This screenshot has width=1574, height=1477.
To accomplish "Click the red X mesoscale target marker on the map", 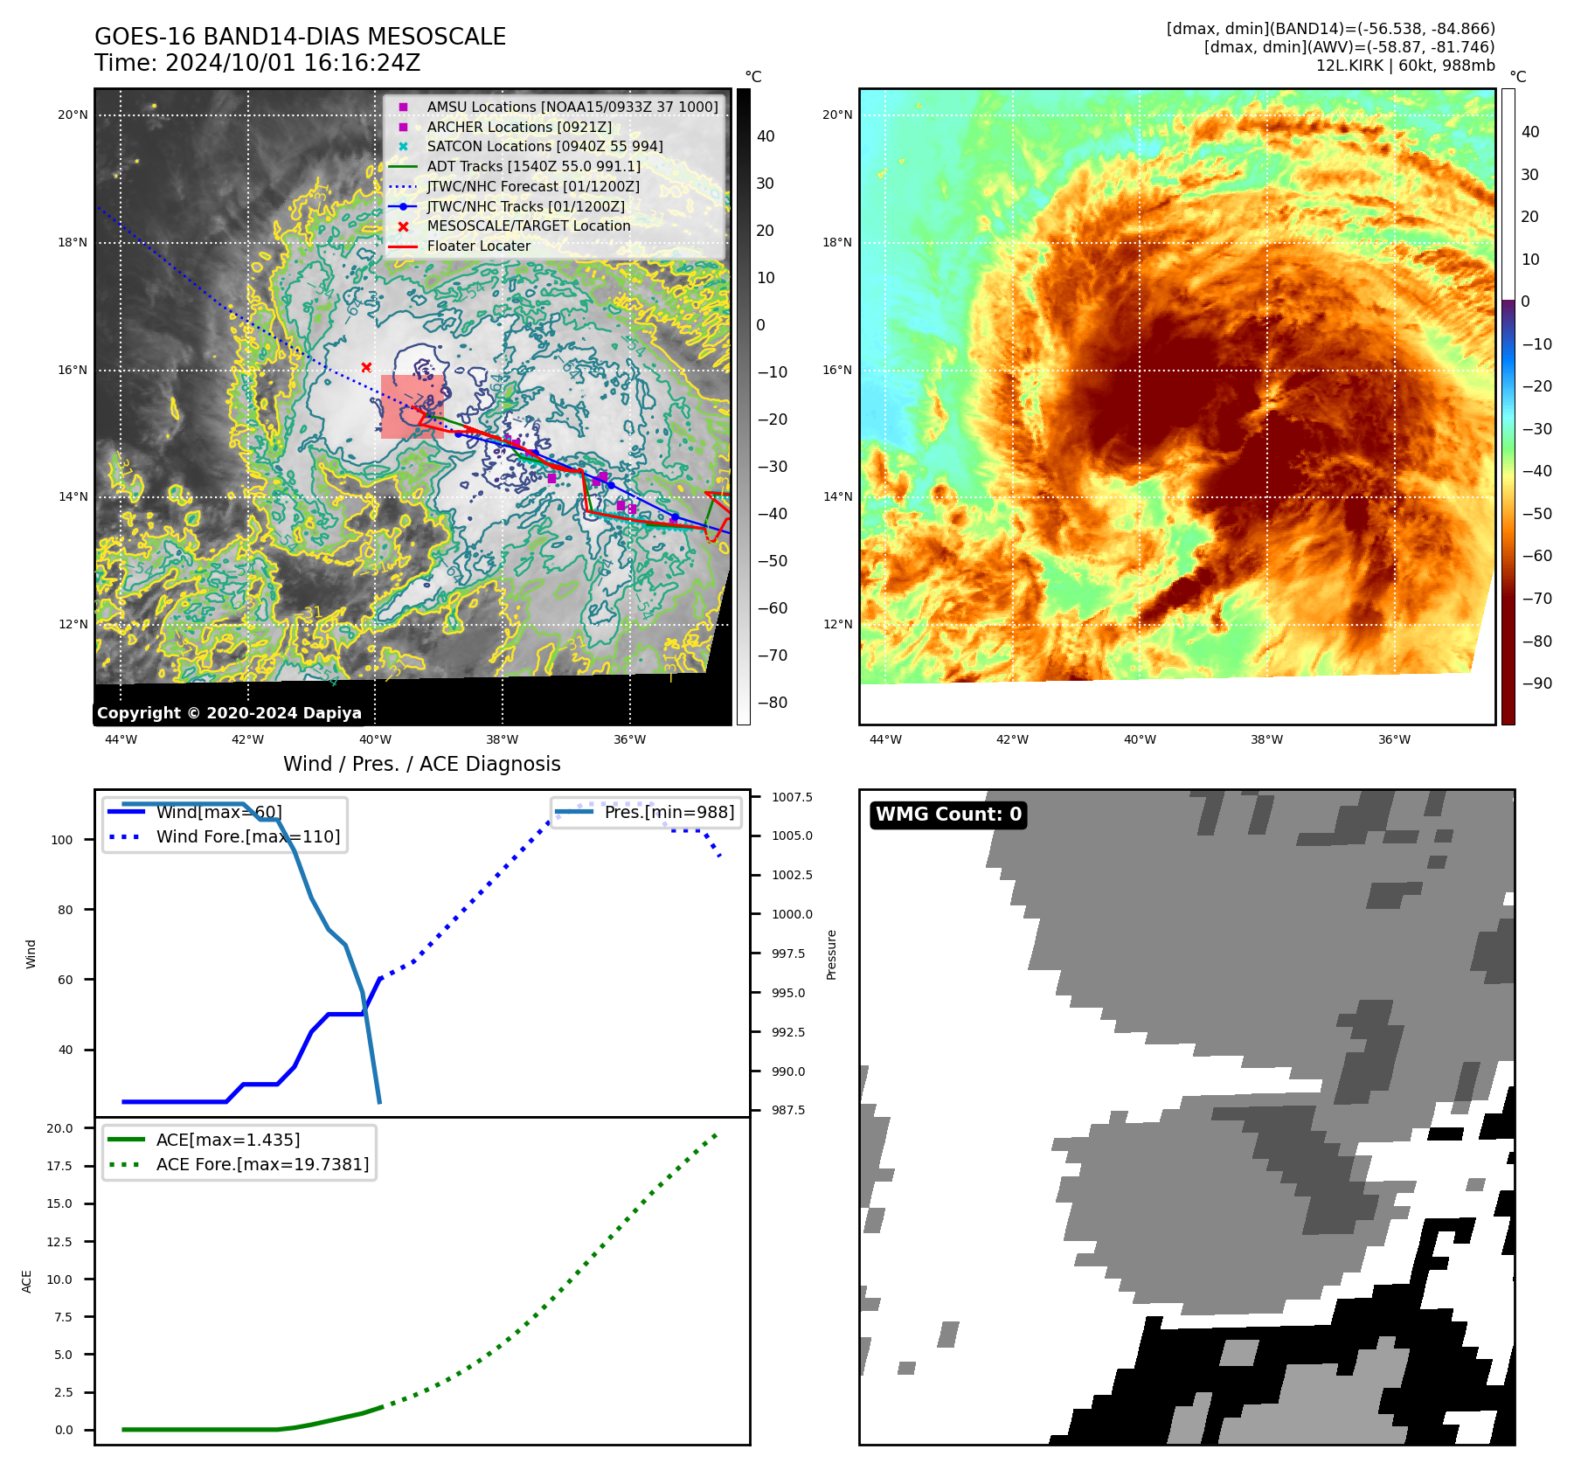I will point(366,368).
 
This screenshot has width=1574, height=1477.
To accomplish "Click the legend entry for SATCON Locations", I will point(544,147).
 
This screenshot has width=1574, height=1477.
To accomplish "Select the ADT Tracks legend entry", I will point(533,167).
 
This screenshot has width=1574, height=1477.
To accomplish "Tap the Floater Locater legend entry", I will point(478,246).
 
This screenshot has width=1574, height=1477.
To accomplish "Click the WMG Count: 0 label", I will point(948,815).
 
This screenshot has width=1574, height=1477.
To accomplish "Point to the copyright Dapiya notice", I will point(229,713).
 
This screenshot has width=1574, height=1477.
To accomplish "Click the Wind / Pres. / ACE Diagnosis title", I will point(421,765).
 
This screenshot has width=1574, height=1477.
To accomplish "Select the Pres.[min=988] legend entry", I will point(669,813).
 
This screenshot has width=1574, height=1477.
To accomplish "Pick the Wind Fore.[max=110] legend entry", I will point(247,837).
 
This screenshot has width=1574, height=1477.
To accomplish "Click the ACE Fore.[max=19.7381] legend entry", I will point(262,1165).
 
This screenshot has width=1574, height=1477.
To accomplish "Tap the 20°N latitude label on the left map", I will point(73,115).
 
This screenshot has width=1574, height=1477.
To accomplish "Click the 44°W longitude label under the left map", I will point(121,740).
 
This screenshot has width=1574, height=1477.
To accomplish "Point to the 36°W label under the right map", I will point(1394,740).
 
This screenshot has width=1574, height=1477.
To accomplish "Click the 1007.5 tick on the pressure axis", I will point(792,797).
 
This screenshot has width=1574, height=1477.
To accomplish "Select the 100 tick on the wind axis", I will point(62,840).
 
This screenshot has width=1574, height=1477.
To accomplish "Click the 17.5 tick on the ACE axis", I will point(59,1166).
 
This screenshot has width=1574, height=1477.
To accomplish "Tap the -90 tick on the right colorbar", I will point(1536,683).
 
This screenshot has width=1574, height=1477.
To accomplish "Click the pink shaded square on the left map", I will point(412,406).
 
